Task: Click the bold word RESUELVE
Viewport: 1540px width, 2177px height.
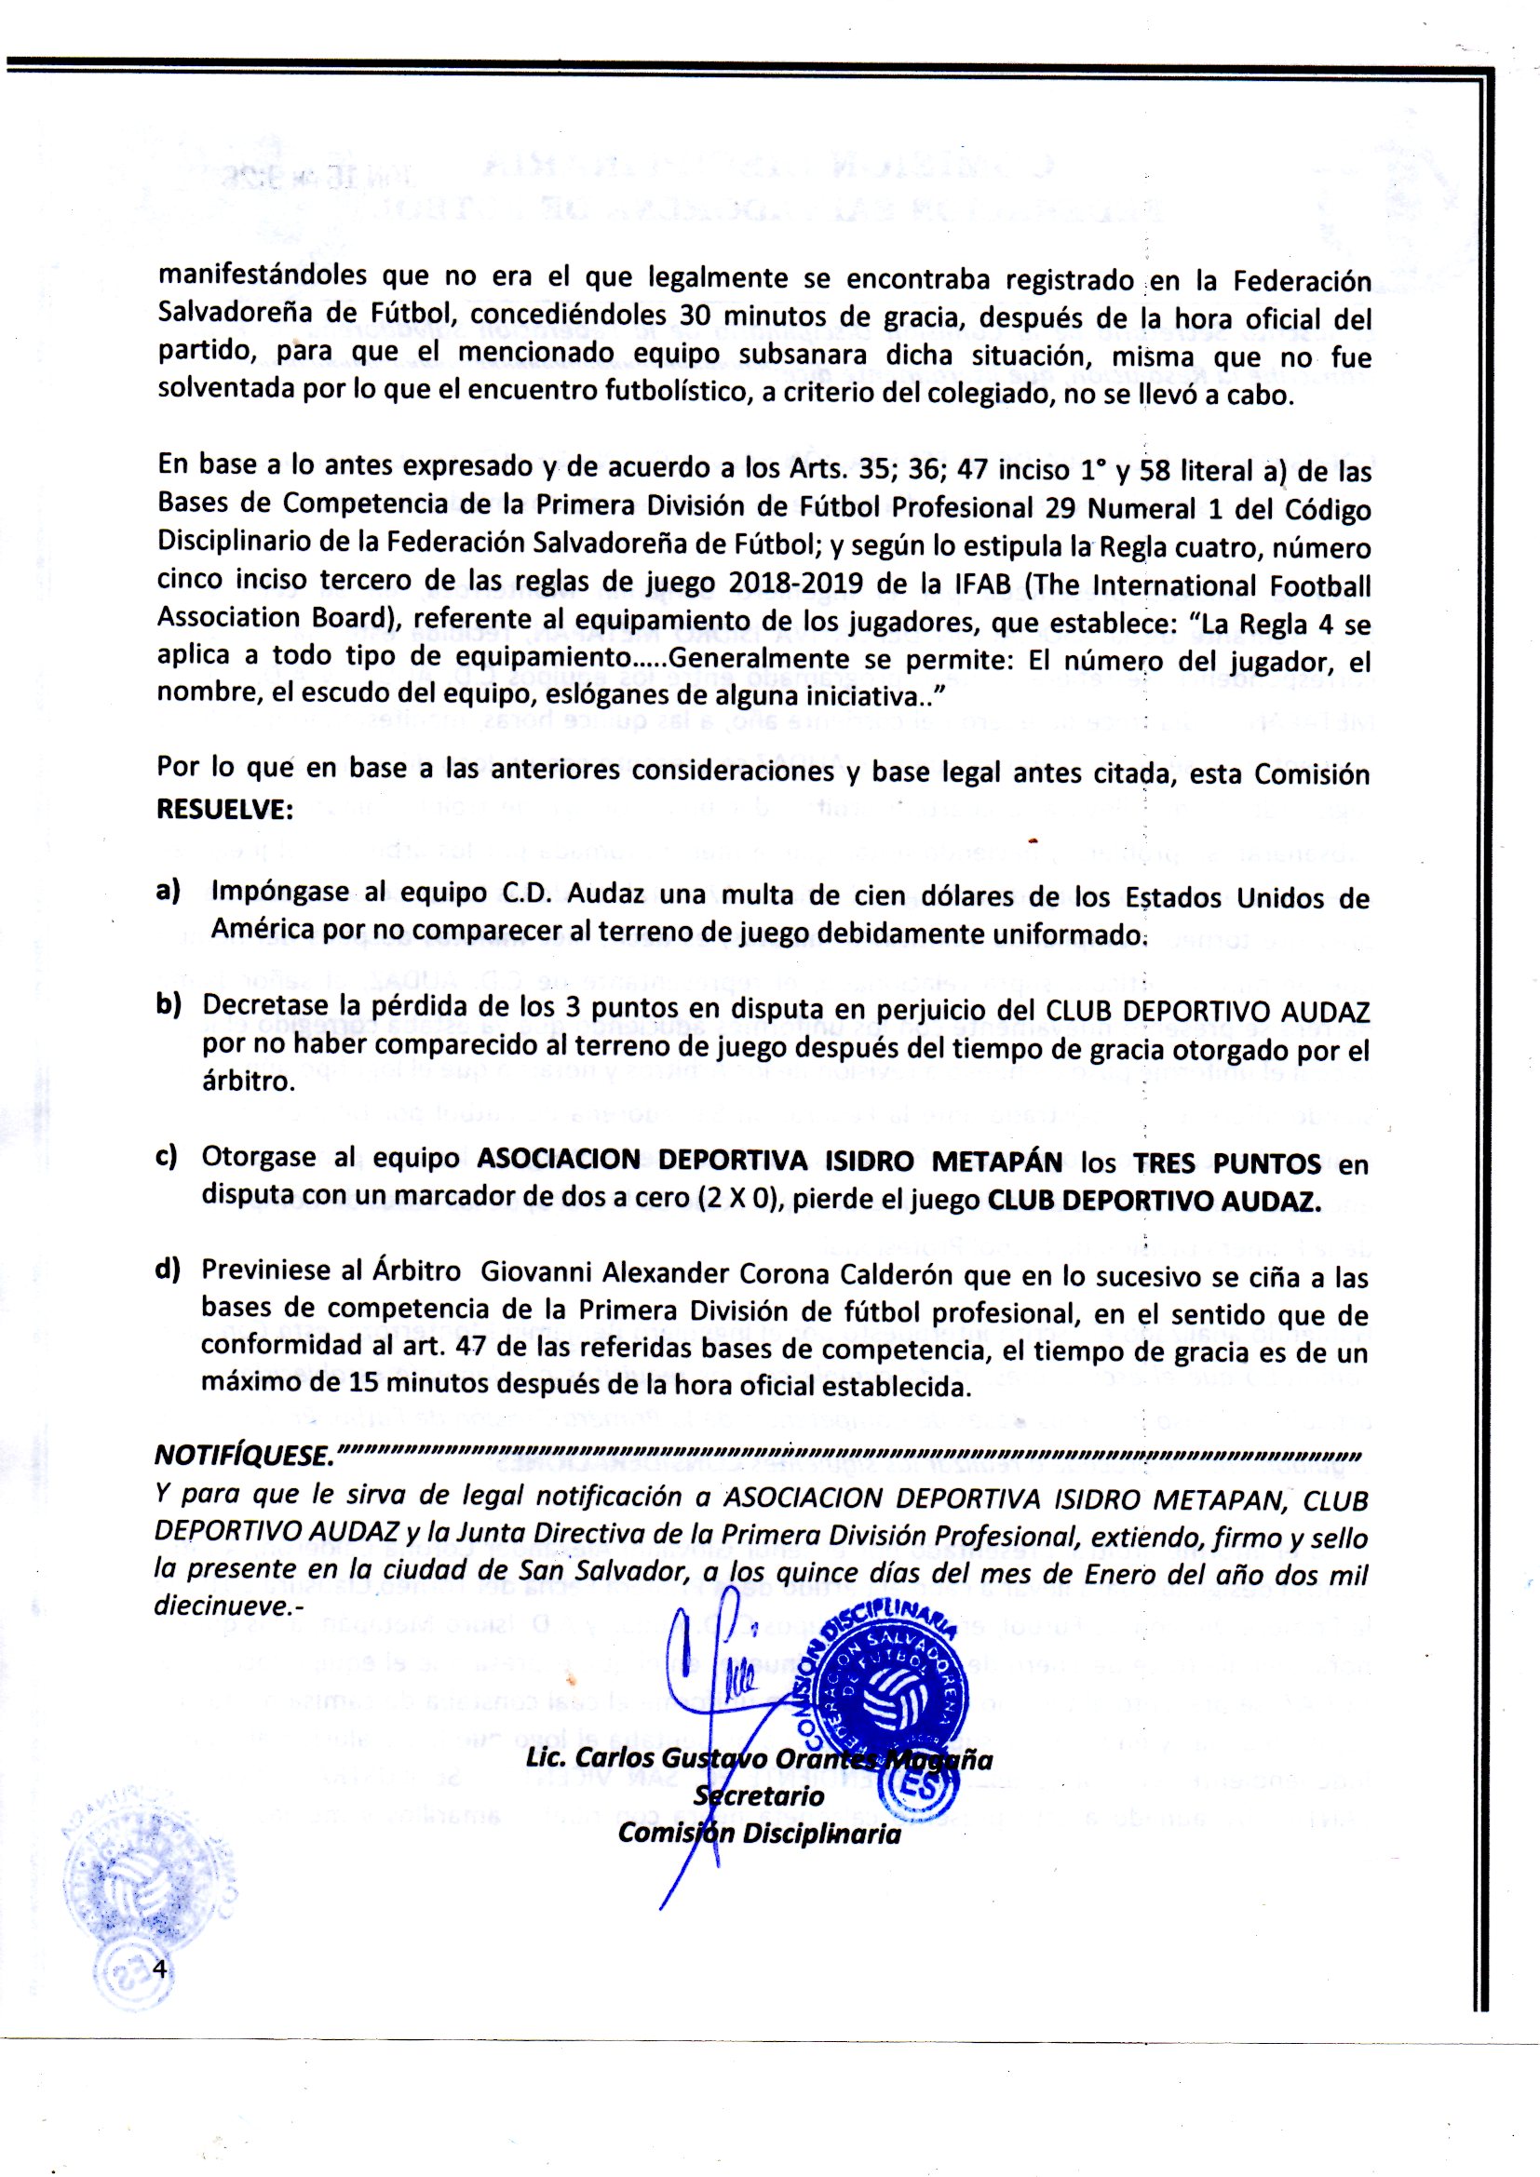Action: tap(223, 811)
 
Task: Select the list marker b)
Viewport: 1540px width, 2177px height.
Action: tap(169, 1005)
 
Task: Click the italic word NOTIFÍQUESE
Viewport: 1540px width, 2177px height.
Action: tap(243, 1457)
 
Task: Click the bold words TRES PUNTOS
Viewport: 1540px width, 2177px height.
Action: tap(1226, 1162)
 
